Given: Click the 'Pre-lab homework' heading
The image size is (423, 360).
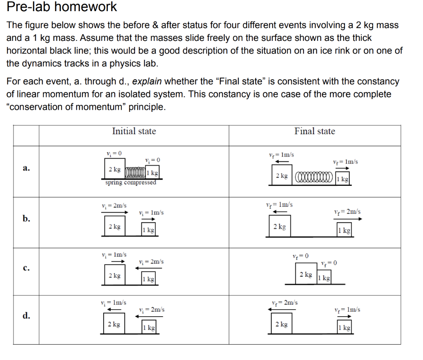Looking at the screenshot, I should point(62,7).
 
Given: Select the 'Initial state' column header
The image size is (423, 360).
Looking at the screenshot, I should point(134,131).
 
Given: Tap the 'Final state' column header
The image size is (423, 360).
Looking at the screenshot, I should point(314,131).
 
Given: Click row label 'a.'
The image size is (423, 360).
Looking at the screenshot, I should point(26,168).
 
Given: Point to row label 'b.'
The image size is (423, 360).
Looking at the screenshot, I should point(26,218).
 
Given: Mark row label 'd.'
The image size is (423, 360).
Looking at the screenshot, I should point(26,316).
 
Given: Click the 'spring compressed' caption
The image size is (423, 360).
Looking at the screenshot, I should point(131,182).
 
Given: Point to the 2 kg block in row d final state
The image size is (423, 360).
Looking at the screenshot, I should point(282,324).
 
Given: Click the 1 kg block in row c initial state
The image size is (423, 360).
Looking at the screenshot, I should point(148,279).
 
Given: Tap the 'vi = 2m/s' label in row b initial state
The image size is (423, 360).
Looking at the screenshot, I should point(114,205).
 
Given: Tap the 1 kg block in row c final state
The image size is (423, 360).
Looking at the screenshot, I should point(324,278).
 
